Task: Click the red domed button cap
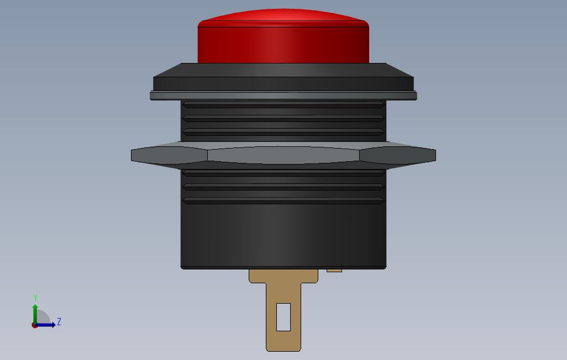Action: pyautogui.click(x=283, y=36)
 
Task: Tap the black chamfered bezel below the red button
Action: pyautogui.click(x=283, y=77)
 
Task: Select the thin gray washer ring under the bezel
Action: pyautogui.click(x=283, y=96)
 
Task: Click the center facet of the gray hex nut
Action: pyautogui.click(x=283, y=155)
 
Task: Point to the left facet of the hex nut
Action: pyautogui.click(x=169, y=155)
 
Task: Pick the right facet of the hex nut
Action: pyautogui.click(x=398, y=155)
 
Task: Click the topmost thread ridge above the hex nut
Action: pyautogui.click(x=283, y=104)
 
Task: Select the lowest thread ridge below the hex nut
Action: pyautogui.click(x=283, y=200)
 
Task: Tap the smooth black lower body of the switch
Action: pyautogui.click(x=283, y=237)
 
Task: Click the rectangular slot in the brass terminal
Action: pyautogui.click(x=283, y=317)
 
